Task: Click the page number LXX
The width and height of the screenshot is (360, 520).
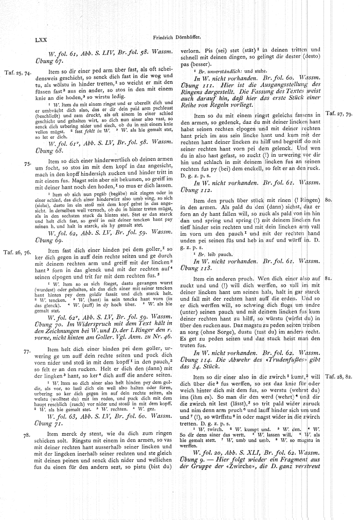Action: (41, 39)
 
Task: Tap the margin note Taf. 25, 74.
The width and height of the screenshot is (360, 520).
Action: (17, 73)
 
